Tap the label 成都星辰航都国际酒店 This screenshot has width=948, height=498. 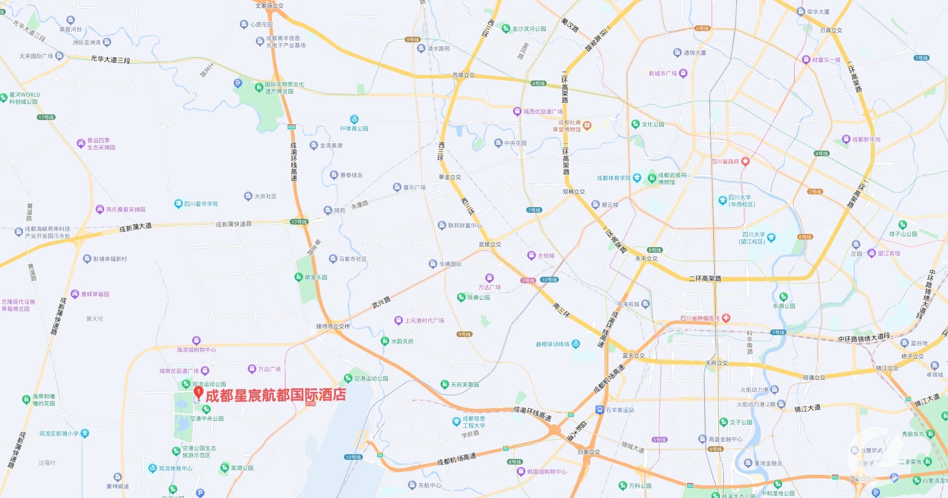(x=276, y=395)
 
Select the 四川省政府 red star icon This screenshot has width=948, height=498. (x=745, y=161)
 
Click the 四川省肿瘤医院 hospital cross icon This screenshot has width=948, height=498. (x=726, y=318)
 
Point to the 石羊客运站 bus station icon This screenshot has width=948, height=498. (x=599, y=410)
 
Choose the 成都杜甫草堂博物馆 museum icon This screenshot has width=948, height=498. (x=587, y=125)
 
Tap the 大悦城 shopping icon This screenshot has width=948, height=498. (x=531, y=256)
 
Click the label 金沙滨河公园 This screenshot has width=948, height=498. (x=529, y=29)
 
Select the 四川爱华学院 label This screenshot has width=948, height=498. (x=201, y=204)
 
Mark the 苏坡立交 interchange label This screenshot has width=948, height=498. (x=464, y=75)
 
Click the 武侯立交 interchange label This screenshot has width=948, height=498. (x=490, y=244)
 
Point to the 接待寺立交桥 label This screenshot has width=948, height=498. (x=333, y=326)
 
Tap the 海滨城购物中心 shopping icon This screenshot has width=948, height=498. (x=196, y=340)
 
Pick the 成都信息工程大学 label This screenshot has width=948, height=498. (x=474, y=422)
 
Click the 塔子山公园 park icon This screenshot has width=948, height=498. (x=903, y=225)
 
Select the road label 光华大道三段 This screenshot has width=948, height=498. (x=110, y=59)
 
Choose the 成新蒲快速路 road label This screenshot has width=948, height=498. (x=234, y=224)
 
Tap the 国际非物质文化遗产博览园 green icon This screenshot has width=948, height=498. (x=259, y=88)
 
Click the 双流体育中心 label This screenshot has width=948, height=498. (x=175, y=468)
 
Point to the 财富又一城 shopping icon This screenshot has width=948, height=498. (x=806, y=60)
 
